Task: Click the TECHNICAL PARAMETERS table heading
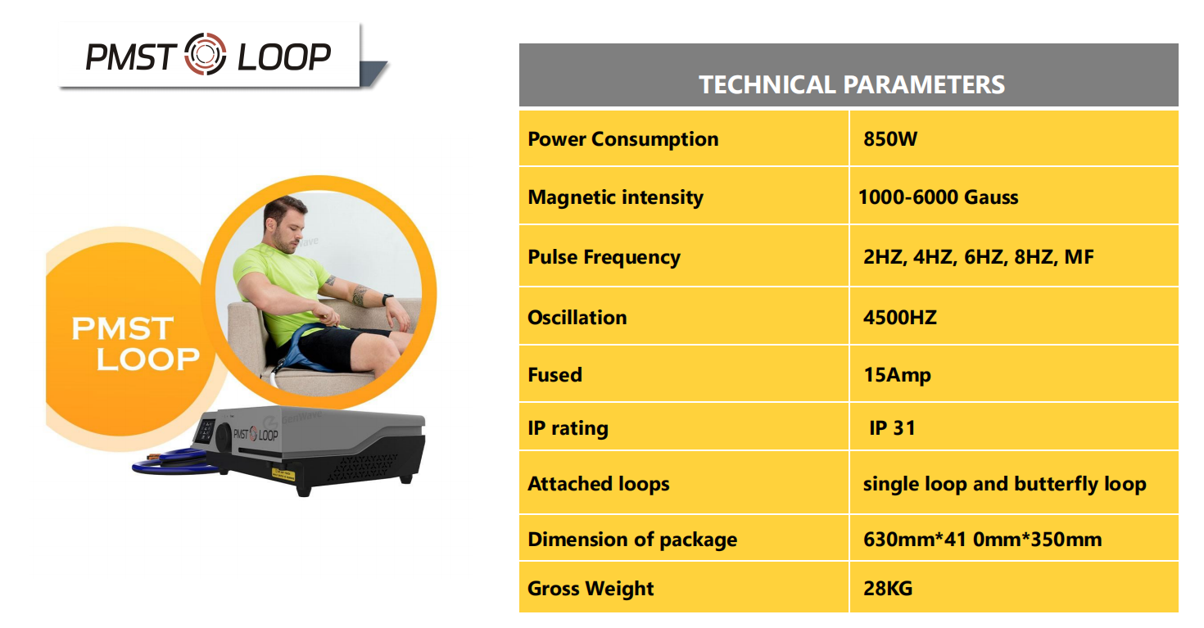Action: pos(852,84)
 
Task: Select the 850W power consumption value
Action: pos(890,138)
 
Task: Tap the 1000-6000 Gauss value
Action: pos(938,197)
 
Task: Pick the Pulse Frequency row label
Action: pos(604,257)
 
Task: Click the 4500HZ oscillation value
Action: pos(900,318)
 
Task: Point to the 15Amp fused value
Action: pos(897,375)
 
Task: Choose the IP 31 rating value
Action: pos(892,428)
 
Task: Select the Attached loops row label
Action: pos(598,484)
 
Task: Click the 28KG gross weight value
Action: pos(888,588)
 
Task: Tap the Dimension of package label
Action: pos(632,540)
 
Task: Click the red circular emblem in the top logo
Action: pos(205,54)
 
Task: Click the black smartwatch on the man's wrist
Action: pos(387,299)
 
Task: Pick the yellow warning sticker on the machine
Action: pos(283,474)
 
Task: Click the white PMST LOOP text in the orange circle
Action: pos(135,344)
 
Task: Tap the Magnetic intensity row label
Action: pos(615,197)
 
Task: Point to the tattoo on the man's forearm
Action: pos(359,296)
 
